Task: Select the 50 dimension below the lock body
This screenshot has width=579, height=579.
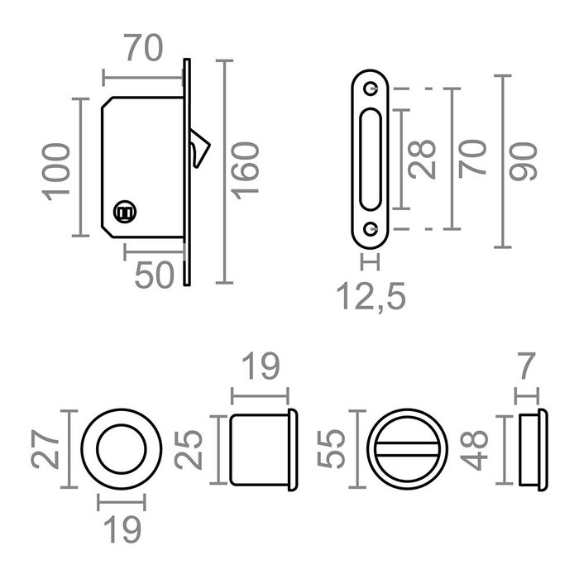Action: tap(154, 275)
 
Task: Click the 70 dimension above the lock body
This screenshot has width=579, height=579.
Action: tap(143, 48)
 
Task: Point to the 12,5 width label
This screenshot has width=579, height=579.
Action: tap(371, 296)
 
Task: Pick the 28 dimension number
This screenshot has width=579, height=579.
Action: tap(423, 160)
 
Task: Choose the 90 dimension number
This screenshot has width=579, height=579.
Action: tap(523, 162)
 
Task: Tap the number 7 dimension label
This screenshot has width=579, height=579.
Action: tap(527, 366)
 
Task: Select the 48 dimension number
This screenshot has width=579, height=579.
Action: tap(475, 450)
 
